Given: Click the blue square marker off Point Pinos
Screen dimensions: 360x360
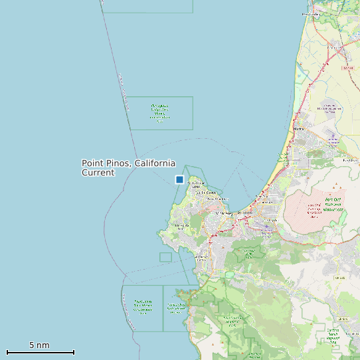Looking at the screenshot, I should coord(179,179).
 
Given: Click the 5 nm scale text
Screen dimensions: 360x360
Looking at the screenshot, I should coord(39,345).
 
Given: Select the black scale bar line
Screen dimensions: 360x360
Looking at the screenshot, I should coord(40,352).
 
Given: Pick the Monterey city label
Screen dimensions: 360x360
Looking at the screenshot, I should coord(226,213).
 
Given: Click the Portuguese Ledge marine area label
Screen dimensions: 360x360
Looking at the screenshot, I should coord(159,113).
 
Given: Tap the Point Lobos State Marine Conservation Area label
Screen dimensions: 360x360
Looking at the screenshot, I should coord(143,306).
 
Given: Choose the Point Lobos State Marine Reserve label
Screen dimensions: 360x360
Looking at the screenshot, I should coord(176,306).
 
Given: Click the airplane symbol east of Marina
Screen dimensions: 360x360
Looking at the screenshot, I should coord(331,139).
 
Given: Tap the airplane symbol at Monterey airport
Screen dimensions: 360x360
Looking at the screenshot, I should coord(266,225).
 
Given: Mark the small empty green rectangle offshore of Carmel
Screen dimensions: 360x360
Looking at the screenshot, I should coord(165,257).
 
